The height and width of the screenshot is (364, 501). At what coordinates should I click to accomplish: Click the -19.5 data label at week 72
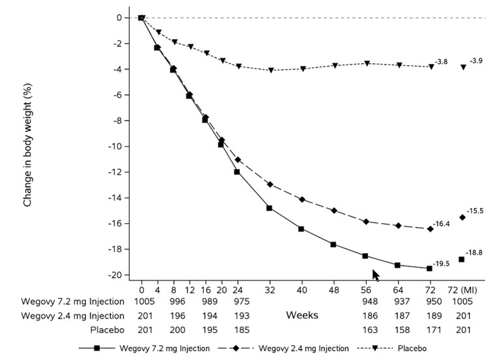pos(443,264)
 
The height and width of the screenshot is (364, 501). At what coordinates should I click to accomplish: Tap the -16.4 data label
pos(443,224)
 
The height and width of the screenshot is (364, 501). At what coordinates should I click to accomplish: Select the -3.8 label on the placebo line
pos(441,61)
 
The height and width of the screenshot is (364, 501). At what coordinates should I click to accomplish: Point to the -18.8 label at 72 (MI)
pos(474,252)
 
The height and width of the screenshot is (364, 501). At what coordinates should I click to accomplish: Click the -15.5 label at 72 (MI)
pos(475,211)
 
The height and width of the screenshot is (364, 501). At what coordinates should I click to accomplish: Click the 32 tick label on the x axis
pos(269,290)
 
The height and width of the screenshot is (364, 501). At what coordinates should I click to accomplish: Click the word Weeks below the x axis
pos(302,315)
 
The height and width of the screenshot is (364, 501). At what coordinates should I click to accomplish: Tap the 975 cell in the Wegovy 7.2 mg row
pos(237,302)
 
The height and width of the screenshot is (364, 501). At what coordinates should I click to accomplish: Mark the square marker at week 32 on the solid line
pos(269,208)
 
